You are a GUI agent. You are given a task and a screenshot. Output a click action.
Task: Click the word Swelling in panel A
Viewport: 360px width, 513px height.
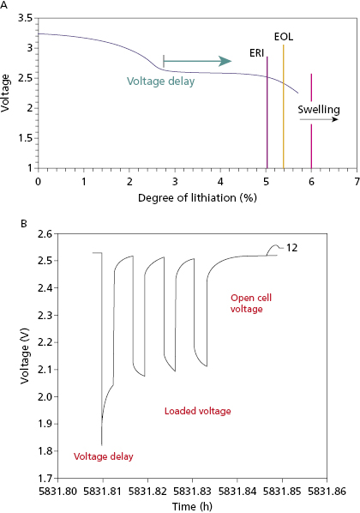319,110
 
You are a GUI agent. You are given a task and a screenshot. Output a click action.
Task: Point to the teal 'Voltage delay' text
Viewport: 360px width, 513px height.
160,81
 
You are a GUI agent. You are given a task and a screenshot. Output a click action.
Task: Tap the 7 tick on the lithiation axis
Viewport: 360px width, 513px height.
356,182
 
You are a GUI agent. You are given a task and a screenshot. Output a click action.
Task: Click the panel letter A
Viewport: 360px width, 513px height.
5,5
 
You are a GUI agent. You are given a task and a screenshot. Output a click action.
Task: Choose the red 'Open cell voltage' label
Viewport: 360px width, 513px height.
251,303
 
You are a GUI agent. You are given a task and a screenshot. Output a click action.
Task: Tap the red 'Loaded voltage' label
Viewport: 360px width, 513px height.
197,412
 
